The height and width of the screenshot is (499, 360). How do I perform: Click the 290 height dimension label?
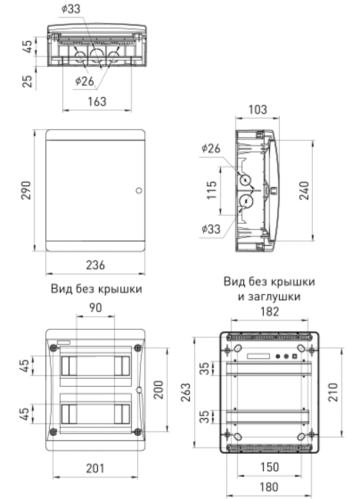pos(26,190)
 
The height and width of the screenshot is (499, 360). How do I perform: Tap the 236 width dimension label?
pos(96,265)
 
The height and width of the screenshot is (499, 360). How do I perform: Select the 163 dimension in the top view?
pos(97,101)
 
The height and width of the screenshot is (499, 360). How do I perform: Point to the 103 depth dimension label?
pos(257,110)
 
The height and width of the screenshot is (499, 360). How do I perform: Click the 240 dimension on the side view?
pos(304,190)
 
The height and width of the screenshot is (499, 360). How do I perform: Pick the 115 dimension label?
pos(211,190)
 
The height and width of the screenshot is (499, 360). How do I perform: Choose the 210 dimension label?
pos(333,392)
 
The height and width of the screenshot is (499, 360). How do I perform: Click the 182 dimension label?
pos(269,311)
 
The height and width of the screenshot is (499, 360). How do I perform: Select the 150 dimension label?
pos(269,467)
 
